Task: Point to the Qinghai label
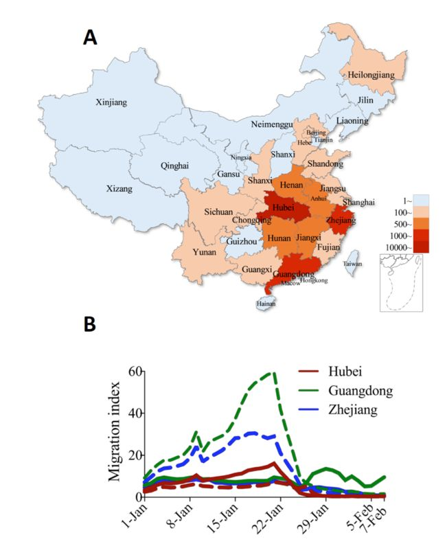[174, 166]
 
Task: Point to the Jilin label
[365, 100]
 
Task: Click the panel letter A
[90, 38]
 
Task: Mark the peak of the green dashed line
[274, 374]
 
